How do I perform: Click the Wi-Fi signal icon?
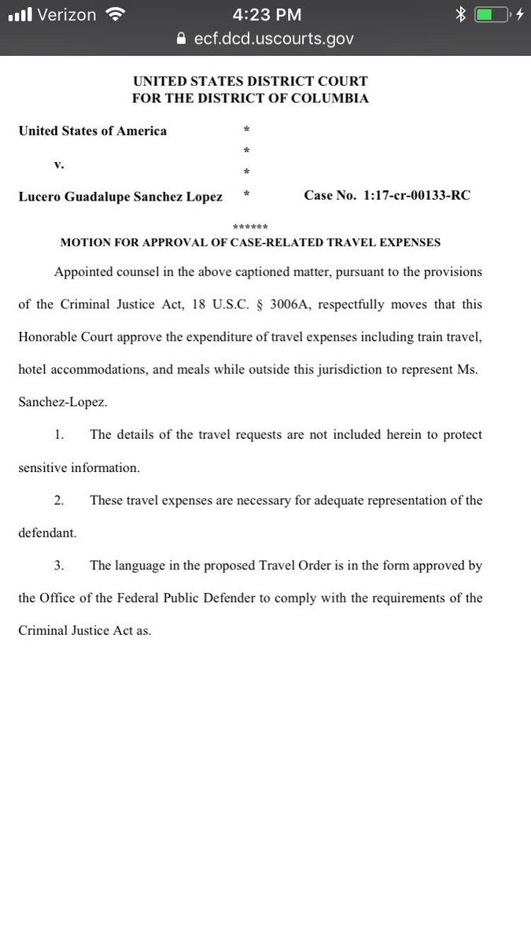click(x=116, y=14)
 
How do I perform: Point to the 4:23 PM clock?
click(x=265, y=14)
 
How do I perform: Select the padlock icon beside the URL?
click(x=182, y=38)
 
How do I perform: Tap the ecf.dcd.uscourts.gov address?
click(x=273, y=38)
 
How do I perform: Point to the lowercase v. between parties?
click(x=57, y=164)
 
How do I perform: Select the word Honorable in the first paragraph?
click(x=48, y=337)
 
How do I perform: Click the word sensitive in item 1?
click(x=44, y=467)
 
